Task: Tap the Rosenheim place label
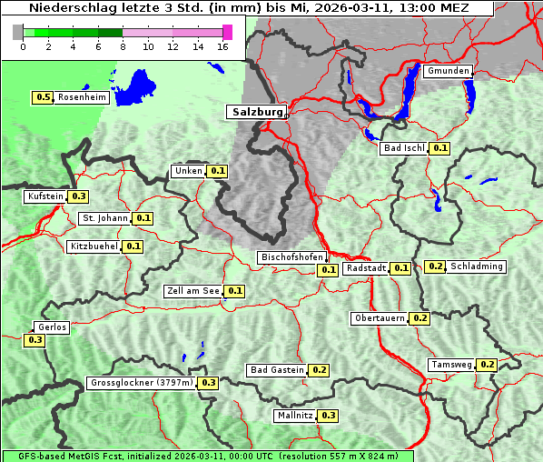81,97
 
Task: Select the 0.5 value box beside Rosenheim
43,97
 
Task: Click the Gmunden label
448,71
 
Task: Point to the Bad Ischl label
403,148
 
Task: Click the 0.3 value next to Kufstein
79,196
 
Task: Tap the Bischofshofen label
291,257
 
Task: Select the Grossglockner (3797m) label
142,383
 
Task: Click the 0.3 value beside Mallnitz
329,416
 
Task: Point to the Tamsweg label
451,365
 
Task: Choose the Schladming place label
476,266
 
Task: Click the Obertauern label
380,318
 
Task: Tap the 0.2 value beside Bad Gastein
320,370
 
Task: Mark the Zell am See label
193,291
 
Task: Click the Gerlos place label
51,327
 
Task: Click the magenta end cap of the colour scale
227,32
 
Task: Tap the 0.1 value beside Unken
218,171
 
